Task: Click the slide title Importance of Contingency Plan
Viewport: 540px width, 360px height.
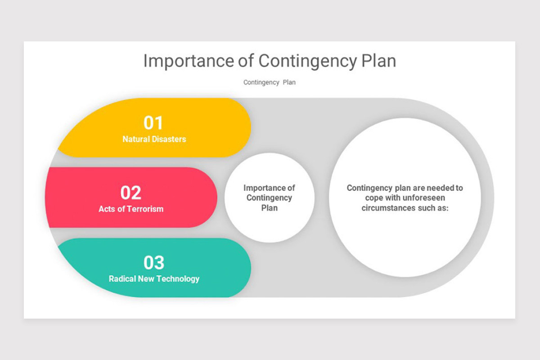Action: pyautogui.click(x=270, y=61)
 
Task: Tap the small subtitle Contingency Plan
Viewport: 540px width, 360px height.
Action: pyautogui.click(x=270, y=82)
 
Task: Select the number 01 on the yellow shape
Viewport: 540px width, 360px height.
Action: pyautogui.click(x=153, y=123)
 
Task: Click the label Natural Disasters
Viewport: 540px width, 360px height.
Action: pyautogui.click(x=154, y=139)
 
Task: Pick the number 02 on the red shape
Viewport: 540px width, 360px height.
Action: pyautogui.click(x=131, y=193)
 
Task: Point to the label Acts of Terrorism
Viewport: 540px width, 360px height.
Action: pyautogui.click(x=131, y=209)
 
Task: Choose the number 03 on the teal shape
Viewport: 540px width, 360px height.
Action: pyautogui.click(x=154, y=262)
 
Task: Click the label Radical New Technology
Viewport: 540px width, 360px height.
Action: pyautogui.click(x=154, y=279)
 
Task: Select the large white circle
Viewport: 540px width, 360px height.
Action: pyautogui.click(x=405, y=243)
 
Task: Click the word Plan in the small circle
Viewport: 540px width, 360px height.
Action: pyautogui.click(x=270, y=208)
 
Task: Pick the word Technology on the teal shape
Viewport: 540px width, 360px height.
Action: pyautogui.click(x=177, y=279)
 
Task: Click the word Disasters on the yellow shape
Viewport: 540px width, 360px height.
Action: pyautogui.click(x=168, y=139)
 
